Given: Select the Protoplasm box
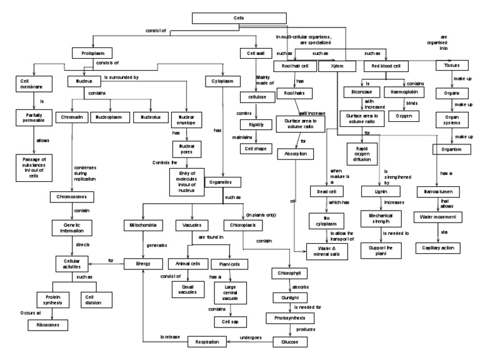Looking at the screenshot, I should click(91, 54).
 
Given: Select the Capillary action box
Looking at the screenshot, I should click(437, 247).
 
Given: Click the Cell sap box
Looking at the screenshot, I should click(226, 321).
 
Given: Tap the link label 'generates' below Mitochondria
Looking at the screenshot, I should click(157, 246).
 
